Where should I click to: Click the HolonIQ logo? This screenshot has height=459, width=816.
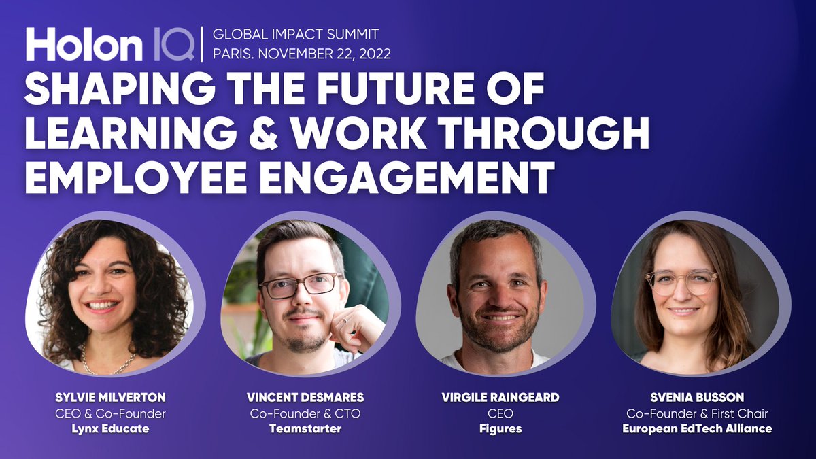(109, 44)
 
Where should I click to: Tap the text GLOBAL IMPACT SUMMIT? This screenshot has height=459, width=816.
(296, 33)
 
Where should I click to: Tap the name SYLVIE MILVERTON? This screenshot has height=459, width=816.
(110, 398)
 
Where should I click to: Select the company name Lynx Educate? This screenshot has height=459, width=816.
(110, 429)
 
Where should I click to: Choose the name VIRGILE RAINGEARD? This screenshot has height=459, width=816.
(500, 398)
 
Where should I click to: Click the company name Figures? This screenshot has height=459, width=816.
(500, 429)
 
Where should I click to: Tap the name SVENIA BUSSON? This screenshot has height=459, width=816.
(697, 398)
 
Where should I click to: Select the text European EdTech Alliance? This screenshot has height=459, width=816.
(697, 429)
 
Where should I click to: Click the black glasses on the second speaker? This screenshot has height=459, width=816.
(300, 286)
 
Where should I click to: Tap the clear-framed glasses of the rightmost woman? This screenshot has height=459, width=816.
(681, 281)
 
